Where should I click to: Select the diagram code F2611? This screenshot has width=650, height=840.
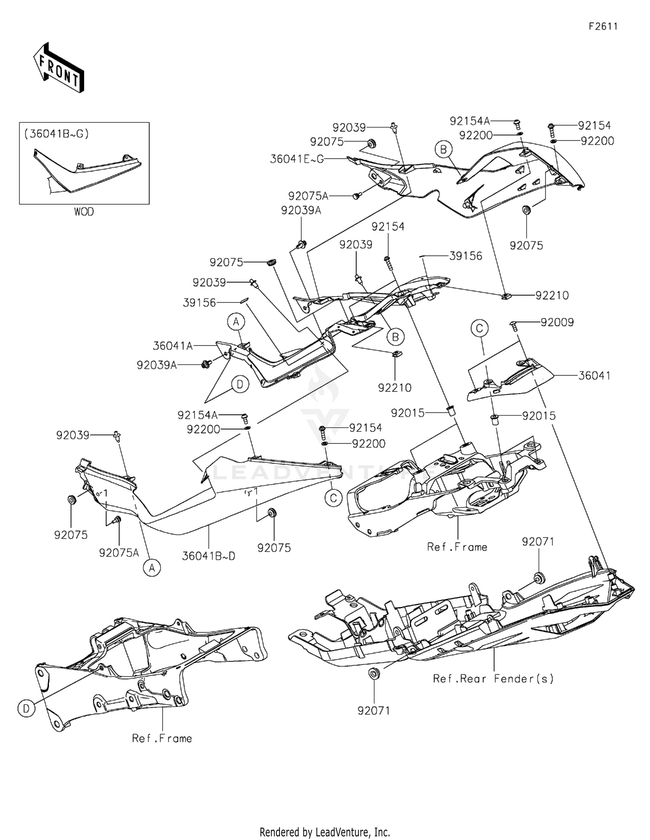[x=603, y=26]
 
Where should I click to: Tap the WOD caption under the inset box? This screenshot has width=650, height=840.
[x=84, y=212]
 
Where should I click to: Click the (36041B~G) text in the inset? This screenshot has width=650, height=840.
[x=56, y=134]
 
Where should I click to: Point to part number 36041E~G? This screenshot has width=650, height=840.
[x=296, y=159]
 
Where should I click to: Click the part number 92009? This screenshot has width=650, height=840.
[x=557, y=322]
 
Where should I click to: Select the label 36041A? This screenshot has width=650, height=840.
[x=172, y=346]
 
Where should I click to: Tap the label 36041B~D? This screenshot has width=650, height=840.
[x=208, y=556]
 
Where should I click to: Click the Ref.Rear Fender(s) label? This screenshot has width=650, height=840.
[x=493, y=679]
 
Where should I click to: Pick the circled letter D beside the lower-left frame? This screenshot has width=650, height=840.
[x=26, y=709]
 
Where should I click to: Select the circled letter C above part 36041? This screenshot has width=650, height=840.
[x=479, y=328]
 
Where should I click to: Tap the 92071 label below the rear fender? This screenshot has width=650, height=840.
[x=374, y=711]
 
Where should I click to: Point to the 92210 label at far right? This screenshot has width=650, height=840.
[x=552, y=296]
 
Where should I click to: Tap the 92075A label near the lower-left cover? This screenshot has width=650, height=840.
[x=119, y=553]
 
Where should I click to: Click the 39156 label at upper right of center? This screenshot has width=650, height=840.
[x=465, y=256]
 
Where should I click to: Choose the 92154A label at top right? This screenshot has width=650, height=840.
[x=469, y=121]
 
